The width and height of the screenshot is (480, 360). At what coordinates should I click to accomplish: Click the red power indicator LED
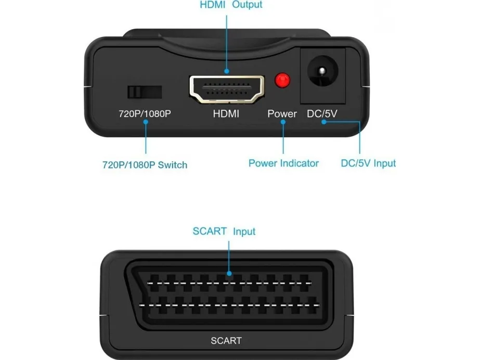tap(282, 81)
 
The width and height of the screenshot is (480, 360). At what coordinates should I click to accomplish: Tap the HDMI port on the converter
tap(227, 89)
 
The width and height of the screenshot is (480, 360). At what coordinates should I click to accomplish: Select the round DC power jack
tap(322, 71)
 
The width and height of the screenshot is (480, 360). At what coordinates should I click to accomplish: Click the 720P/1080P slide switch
tap(145, 92)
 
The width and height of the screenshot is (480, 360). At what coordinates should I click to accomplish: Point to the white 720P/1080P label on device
tap(145, 114)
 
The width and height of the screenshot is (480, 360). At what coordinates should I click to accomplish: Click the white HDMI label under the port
tap(226, 114)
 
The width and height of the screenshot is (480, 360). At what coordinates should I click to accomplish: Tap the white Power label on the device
tap(282, 114)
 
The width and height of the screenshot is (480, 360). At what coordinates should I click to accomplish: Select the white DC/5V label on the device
tap(322, 114)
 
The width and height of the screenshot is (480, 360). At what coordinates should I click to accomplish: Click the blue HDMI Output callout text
tap(231, 5)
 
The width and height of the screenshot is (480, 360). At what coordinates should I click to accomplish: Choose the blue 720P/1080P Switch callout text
tap(145, 165)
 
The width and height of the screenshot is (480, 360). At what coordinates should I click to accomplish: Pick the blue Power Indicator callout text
tap(283, 163)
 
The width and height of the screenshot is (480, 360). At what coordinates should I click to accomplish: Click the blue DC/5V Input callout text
tap(368, 163)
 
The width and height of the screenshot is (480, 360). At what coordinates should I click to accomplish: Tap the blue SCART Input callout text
tap(224, 231)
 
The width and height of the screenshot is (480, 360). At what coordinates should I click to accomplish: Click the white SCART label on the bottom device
tap(226, 341)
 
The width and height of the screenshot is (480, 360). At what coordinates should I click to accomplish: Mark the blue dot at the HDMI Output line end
tap(227, 71)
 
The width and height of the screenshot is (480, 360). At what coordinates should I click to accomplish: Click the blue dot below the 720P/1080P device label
tap(146, 122)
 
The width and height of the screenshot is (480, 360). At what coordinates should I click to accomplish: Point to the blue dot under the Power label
tap(283, 122)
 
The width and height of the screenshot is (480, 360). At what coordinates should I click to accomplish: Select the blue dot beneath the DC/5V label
tap(323, 122)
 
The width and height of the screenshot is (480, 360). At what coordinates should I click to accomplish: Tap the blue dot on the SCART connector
tap(229, 273)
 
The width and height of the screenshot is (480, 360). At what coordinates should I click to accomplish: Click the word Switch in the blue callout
tap(172, 165)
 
